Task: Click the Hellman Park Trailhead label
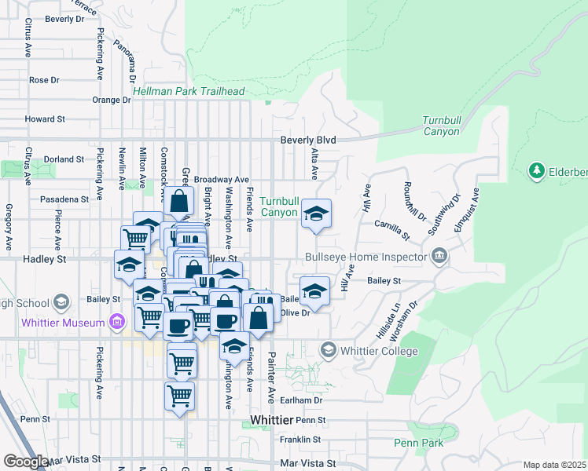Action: (x=189, y=91)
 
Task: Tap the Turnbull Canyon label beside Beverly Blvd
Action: (x=440, y=126)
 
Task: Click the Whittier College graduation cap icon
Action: (x=329, y=349)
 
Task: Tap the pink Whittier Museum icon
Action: (x=117, y=322)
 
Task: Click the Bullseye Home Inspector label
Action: (x=366, y=257)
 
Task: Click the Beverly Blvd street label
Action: (x=309, y=141)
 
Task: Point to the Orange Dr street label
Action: (x=111, y=100)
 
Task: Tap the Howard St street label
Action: (x=44, y=119)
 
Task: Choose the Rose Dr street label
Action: (x=44, y=80)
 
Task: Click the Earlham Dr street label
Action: (x=307, y=400)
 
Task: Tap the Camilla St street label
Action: (x=392, y=229)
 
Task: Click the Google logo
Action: (x=25, y=462)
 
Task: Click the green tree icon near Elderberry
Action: (x=538, y=170)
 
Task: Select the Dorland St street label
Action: (x=64, y=159)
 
